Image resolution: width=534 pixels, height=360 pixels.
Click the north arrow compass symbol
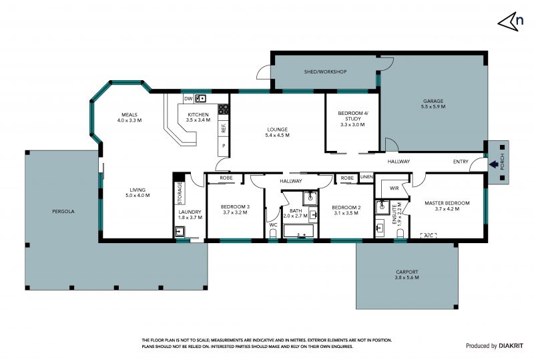511,21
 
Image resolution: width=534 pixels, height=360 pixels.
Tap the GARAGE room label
433,101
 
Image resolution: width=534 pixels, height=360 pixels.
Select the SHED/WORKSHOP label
325,71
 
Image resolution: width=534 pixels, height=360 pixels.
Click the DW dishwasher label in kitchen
188,99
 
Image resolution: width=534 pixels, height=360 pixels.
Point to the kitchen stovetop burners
224,109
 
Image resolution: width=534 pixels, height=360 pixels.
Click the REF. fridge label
224,128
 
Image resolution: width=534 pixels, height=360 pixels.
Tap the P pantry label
224,146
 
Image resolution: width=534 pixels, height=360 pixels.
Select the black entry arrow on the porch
493,165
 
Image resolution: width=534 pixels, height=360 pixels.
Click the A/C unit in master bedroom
429,235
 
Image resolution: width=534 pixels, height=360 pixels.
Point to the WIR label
394,188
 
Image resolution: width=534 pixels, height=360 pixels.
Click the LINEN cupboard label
366,177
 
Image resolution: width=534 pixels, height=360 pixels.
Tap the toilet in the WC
273,234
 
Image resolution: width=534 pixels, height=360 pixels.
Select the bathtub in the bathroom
298,231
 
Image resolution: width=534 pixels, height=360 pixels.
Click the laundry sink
180,232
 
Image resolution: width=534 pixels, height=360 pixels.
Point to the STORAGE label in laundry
180,193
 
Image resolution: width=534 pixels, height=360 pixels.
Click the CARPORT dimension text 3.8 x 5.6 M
407,277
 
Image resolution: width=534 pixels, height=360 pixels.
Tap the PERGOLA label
63,211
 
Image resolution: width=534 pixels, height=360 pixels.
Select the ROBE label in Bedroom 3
226,178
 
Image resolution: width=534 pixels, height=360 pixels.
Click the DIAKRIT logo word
511,346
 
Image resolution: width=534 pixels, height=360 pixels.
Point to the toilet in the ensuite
400,234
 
